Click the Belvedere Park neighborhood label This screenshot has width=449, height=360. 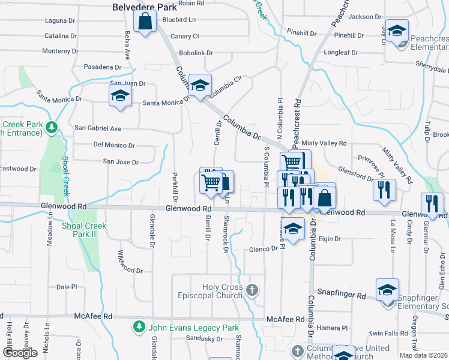(145, 7)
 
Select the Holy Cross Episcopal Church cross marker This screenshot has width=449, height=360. (252, 290)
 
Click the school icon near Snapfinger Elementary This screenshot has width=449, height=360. (388, 289)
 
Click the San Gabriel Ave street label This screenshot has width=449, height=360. (98, 128)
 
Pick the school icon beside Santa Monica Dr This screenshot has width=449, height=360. (120, 96)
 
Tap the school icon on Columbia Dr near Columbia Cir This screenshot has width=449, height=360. (200, 85)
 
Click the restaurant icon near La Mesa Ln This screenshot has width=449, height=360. (384, 189)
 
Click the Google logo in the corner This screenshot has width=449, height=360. (20, 353)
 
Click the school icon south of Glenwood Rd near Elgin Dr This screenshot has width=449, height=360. (293, 229)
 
